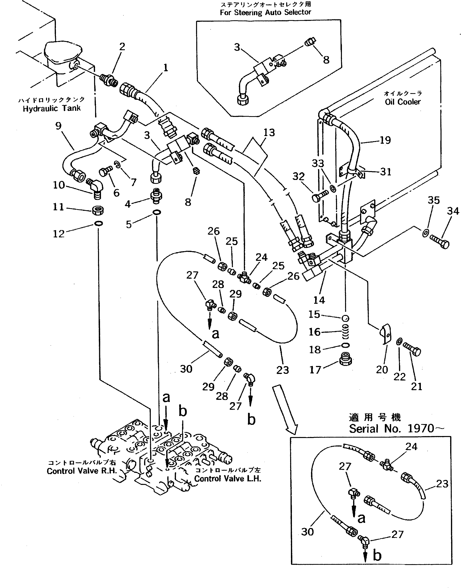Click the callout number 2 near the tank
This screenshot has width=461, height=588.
click(x=122, y=47)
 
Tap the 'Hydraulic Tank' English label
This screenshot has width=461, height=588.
click(x=52, y=108)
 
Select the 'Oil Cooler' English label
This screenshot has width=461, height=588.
click(x=402, y=102)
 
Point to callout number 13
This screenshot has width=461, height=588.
click(x=269, y=132)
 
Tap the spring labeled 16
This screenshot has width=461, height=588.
click(x=346, y=332)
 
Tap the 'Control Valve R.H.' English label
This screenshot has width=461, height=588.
click(x=82, y=471)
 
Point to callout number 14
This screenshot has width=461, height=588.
click(x=319, y=300)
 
